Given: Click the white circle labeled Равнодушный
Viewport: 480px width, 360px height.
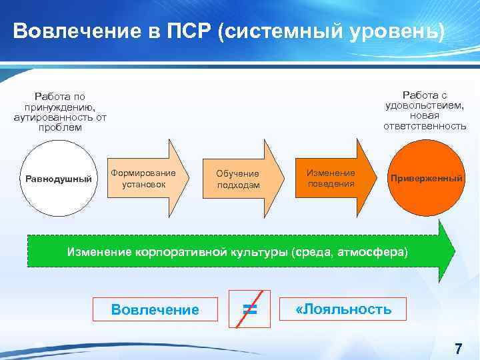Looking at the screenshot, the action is tap(59, 179).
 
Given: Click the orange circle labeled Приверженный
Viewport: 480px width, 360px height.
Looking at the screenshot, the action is tap(425, 179).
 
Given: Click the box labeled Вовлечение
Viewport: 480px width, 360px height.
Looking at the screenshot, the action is tap(155, 309).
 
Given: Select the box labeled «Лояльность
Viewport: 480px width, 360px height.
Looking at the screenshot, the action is tap(343, 309).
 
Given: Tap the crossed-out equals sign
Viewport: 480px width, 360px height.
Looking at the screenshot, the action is tap(249, 309).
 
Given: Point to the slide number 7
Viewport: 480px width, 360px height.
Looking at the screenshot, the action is tap(458, 348).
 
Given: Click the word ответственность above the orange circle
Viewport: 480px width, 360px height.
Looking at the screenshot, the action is tap(425, 126).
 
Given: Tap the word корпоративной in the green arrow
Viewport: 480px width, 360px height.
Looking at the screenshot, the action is tap(177, 253).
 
